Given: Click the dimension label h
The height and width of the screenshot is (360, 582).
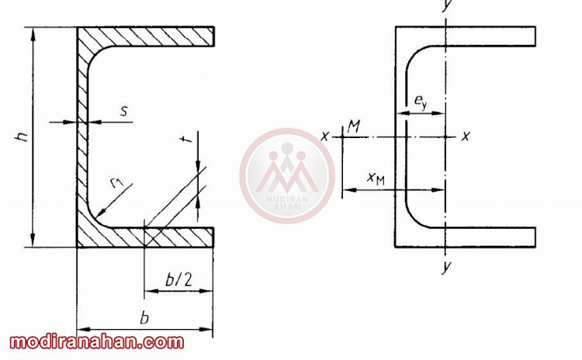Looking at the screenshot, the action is (23, 137).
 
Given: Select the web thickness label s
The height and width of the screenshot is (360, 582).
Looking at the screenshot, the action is (125, 111).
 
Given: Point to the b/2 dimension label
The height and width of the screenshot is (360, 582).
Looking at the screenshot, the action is (179, 279).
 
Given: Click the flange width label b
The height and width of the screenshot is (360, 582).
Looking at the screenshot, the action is (144, 318).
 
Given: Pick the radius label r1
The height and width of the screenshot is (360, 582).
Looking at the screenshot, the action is (117, 182).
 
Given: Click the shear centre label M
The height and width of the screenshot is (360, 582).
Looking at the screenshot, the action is (354, 126).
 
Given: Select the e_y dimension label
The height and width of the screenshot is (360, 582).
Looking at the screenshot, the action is (421, 101).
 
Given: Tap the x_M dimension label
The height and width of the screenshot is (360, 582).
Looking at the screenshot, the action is (376, 178).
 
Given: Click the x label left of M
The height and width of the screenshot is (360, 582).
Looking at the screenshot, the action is (325, 137).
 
